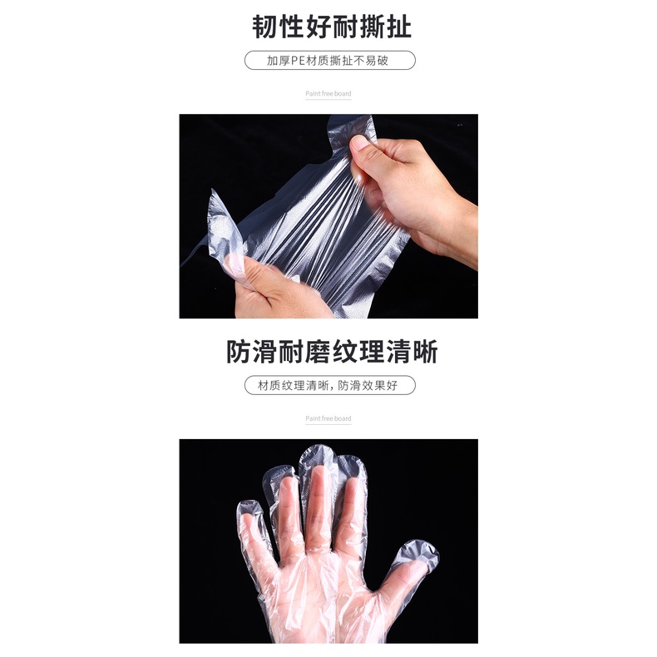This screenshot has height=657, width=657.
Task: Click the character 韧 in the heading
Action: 266,27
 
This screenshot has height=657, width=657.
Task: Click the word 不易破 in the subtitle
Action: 376,61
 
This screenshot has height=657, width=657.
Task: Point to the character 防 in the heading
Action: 240,352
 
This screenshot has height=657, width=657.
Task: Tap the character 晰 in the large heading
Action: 424,352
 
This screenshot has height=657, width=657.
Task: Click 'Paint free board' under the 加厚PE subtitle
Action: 328,94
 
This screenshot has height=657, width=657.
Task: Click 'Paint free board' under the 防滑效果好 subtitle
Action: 328,418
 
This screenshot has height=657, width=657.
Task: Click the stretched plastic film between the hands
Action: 324,225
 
